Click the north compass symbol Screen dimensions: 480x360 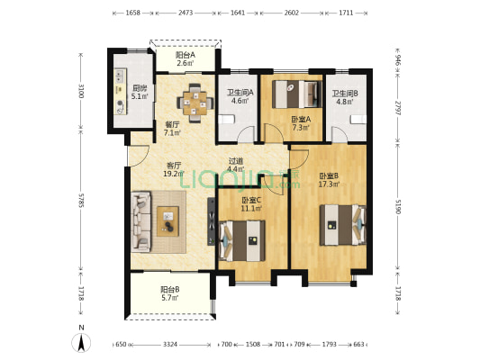pos(81,339)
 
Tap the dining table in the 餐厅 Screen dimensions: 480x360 pos(195,103)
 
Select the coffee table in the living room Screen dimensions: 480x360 pos(168,221)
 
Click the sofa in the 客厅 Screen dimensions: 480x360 pos(141,221)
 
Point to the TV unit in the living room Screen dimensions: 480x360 pos(212,221)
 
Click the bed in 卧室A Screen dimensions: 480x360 pos(296,94)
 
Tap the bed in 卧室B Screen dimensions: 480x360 pos(343,225)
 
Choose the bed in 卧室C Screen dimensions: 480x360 pos(242,240)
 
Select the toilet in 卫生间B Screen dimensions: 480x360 pos(358,120)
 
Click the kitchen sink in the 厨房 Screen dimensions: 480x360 pos(120,76)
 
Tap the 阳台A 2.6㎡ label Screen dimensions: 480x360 pos(186,59)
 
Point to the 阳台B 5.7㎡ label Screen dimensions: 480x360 pos(170,293)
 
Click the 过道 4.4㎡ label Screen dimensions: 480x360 pos(236,165)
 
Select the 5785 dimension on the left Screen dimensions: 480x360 pos(81,200)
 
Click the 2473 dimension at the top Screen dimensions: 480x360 pos(186,13)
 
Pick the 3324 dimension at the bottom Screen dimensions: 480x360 pos(170,345)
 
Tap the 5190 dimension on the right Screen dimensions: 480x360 pos(397,206)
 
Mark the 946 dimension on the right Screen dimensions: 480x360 pos(397,60)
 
